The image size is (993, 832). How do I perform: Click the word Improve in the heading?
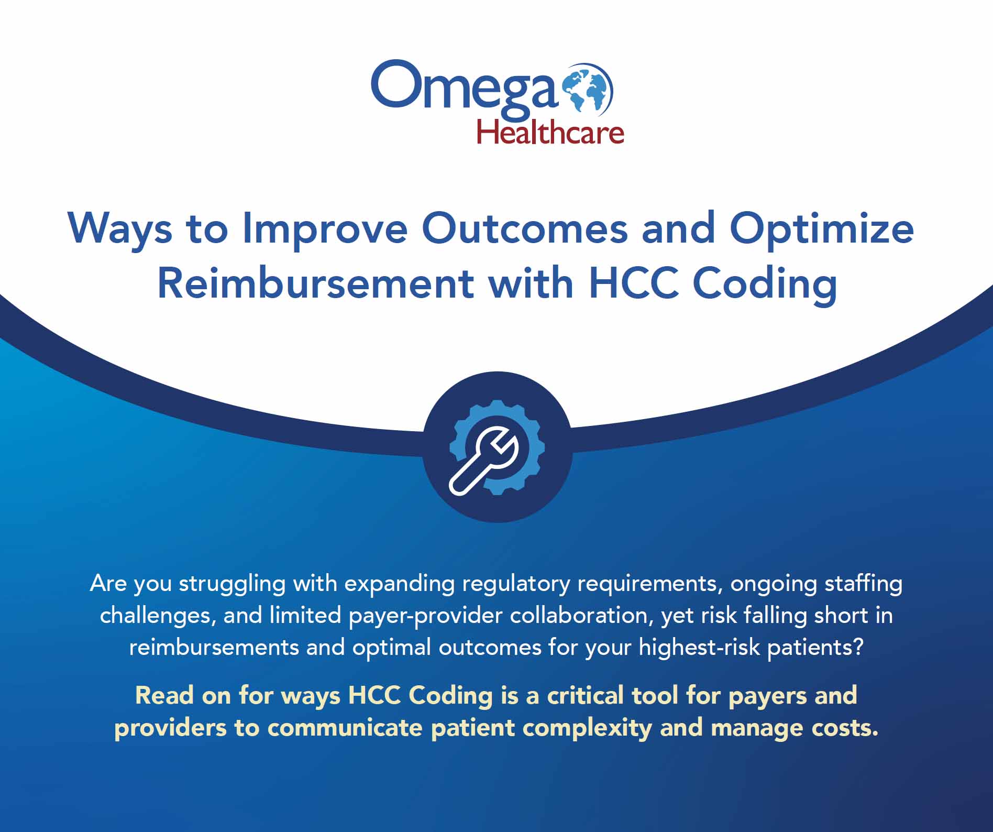click(x=325, y=229)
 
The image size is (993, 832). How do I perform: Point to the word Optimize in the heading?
click(x=822, y=229)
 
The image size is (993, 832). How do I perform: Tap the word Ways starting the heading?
click(x=120, y=229)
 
